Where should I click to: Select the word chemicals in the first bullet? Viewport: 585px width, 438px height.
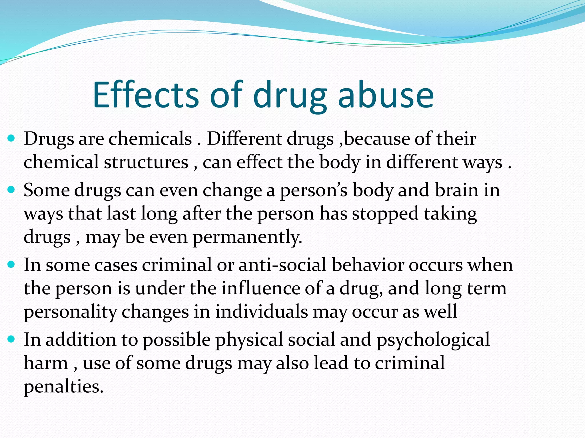[150, 139]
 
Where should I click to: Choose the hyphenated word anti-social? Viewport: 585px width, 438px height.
[282, 265]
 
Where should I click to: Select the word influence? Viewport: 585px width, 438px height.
[261, 288]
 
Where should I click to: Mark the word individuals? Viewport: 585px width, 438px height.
[261, 312]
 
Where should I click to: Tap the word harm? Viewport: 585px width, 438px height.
[46, 363]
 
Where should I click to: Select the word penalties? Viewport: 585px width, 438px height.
[63, 387]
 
